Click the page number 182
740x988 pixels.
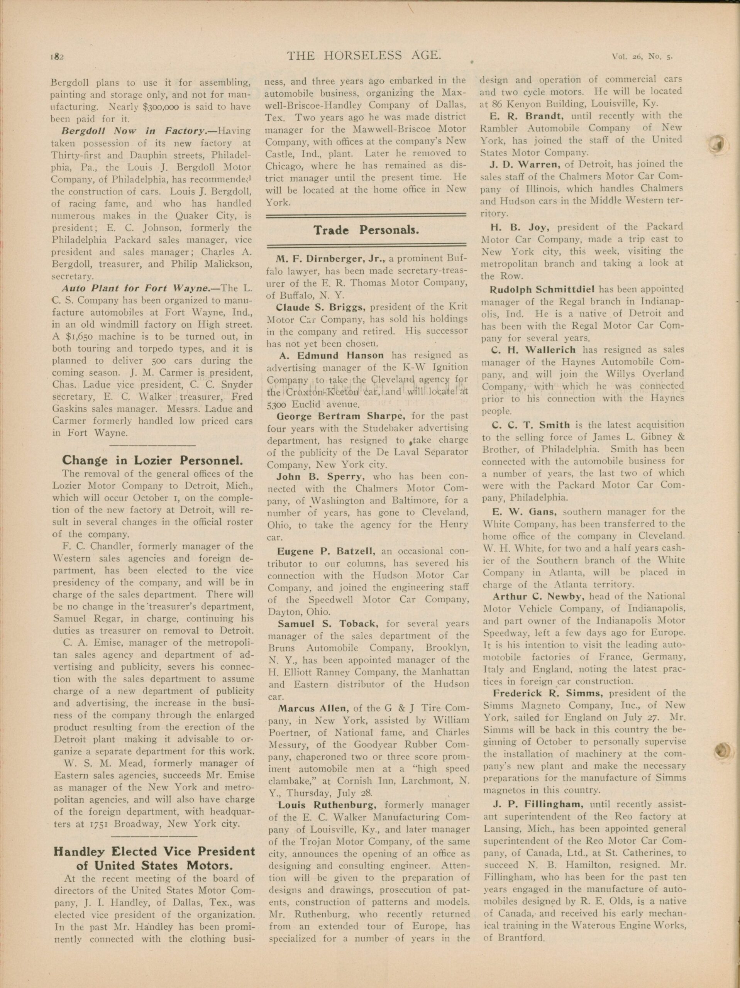(x=58, y=56)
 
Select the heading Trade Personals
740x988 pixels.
(x=366, y=230)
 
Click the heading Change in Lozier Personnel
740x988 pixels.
(x=152, y=460)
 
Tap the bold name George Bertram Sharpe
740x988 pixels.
(x=341, y=416)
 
